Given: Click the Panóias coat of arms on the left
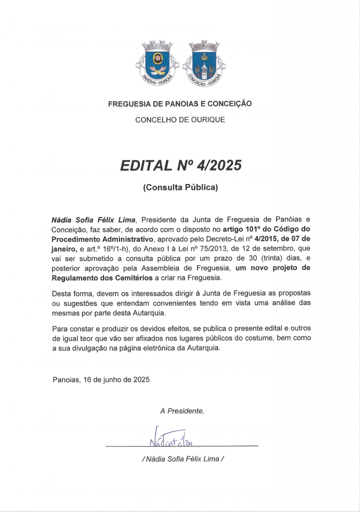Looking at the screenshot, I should [158, 62].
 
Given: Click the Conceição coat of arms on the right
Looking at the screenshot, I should [202, 62].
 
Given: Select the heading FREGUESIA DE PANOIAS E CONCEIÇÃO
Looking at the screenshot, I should [180, 104].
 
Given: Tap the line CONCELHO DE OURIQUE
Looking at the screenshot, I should [180, 120].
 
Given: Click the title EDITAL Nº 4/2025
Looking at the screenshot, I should [180, 165].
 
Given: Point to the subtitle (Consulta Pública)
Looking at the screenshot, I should [180, 188].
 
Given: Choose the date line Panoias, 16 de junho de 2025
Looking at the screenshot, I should [101, 379].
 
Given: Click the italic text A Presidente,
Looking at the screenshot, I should [182, 411].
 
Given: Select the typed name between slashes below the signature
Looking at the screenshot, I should [182, 458].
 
